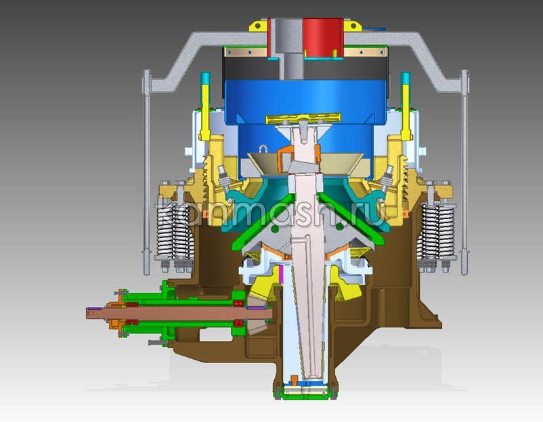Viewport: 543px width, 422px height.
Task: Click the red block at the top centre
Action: click(x=324, y=37)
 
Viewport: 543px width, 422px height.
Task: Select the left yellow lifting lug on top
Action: click(x=259, y=26)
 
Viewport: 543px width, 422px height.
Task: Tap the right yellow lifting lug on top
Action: click(x=352, y=26)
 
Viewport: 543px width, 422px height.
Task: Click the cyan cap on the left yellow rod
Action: click(x=205, y=78)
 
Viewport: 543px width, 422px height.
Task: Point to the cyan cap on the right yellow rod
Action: click(x=405, y=78)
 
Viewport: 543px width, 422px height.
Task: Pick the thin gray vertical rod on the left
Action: click(x=147, y=173)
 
